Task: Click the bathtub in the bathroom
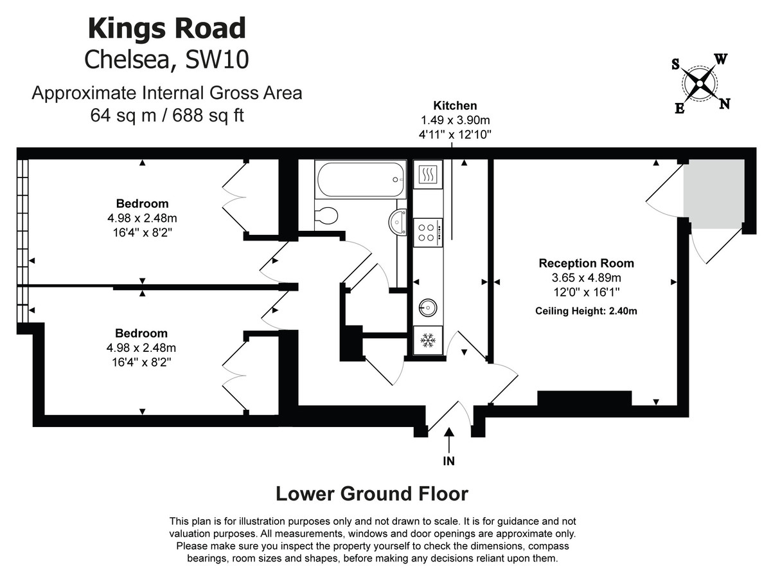[x=360, y=179]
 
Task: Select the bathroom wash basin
[x=398, y=221]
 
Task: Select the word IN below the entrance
[x=448, y=461]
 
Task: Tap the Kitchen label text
[x=455, y=106]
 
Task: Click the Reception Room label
[x=586, y=263]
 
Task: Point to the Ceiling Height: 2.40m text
[x=586, y=311]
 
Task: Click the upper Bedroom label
[x=143, y=204]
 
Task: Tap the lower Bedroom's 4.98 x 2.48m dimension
[x=142, y=348]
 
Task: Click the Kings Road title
[x=166, y=29]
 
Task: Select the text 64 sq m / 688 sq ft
[x=166, y=116]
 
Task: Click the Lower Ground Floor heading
[x=371, y=494]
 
